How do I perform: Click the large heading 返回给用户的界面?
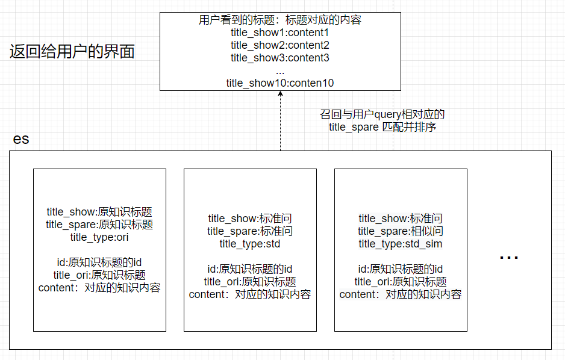[x=72, y=52]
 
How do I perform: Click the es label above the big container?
[x=21, y=139]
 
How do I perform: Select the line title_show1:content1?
[x=280, y=33]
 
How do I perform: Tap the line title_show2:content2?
[x=280, y=45]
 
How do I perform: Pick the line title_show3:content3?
[x=280, y=58]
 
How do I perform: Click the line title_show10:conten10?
[x=280, y=83]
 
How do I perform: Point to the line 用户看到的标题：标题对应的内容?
[x=280, y=20]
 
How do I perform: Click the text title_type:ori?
[x=99, y=237]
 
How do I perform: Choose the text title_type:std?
[x=250, y=244]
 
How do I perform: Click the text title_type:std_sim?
[x=401, y=244]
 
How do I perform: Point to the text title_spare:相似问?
[x=401, y=231]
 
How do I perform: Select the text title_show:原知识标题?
[x=99, y=212]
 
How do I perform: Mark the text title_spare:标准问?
[x=250, y=231]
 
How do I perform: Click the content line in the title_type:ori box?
[x=99, y=288]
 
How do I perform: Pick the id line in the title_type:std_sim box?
[x=401, y=269]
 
